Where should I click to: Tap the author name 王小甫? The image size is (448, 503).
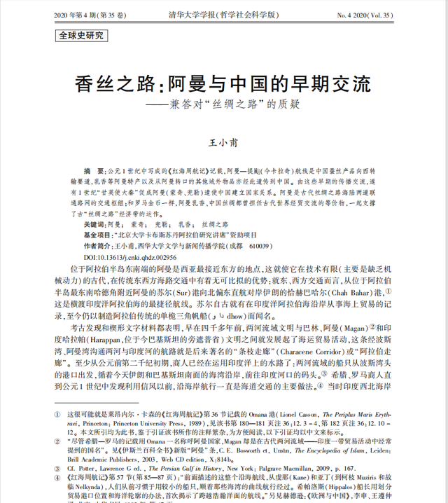click(x=224, y=142)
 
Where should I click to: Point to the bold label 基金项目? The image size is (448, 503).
click(x=97, y=236)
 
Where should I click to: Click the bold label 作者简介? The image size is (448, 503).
click(x=97, y=247)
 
